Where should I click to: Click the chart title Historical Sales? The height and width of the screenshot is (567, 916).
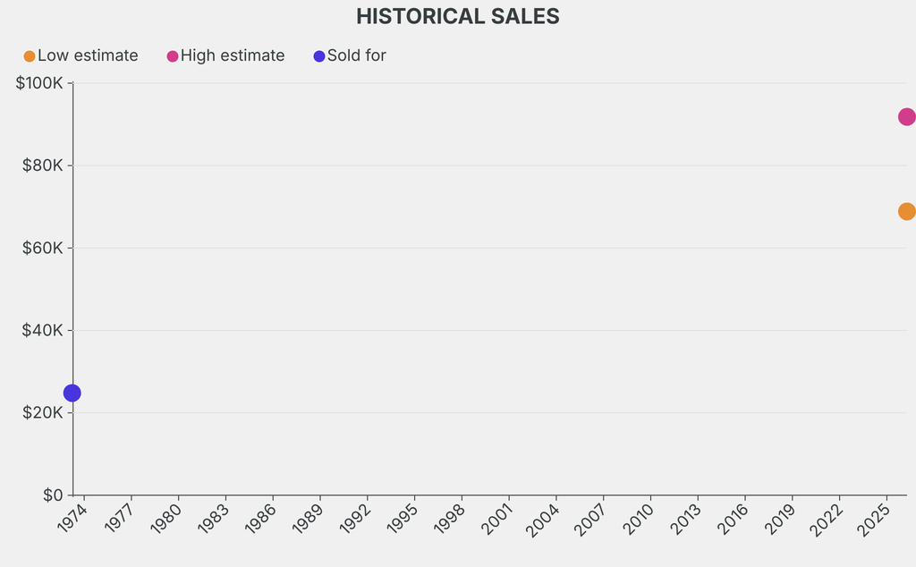coord(457,16)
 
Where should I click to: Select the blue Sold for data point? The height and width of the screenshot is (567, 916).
coord(72,393)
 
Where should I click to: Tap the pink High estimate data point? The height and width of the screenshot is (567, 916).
coord(905,117)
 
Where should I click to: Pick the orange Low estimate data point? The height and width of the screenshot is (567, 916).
coord(905,212)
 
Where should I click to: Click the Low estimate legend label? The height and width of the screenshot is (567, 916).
coord(88,55)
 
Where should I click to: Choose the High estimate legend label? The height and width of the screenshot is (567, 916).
coord(233,55)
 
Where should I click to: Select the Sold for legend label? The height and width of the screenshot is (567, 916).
coord(356,55)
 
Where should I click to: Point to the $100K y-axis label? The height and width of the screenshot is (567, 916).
coord(39,83)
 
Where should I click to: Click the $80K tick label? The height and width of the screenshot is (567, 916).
coord(42,165)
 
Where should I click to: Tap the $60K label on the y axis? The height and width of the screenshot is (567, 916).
coord(42,248)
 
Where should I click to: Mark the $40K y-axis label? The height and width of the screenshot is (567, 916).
coord(42,330)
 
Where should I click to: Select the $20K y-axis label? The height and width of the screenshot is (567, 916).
coord(42,412)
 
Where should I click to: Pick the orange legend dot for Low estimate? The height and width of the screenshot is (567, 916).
coord(30,56)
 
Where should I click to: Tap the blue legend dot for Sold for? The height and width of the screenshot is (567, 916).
coord(319,56)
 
